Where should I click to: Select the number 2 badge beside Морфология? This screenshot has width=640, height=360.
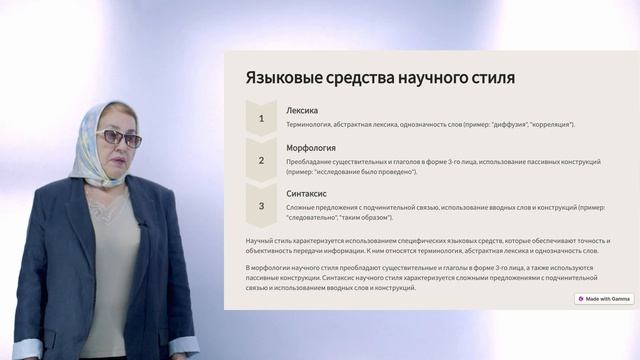point(261,160)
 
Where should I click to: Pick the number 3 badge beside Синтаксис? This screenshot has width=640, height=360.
point(261,206)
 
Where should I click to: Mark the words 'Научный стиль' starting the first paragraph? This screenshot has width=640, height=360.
point(269,241)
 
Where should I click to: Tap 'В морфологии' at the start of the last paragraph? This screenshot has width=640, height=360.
point(270,268)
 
